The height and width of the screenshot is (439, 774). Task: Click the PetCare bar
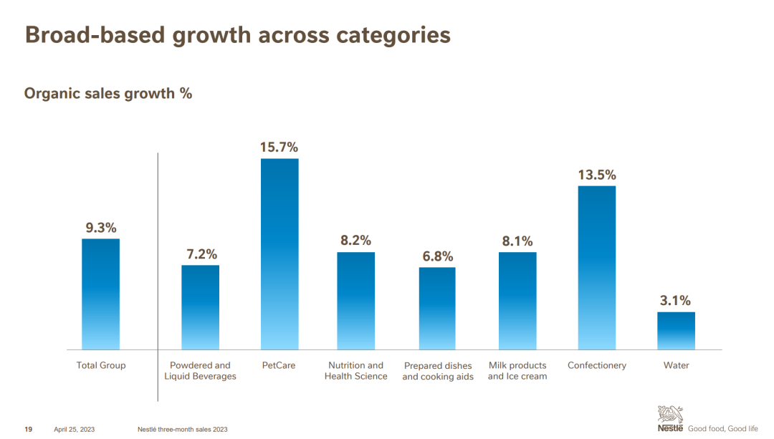point(279,254)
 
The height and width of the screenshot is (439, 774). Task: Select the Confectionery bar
point(596,268)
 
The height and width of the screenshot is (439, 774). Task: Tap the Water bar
point(676,331)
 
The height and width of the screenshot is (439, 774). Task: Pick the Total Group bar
point(100,294)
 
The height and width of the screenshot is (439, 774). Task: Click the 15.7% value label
point(279,148)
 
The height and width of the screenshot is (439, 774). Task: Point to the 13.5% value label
point(597,175)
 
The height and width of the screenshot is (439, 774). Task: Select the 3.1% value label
point(675,301)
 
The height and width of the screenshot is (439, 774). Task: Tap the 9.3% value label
point(101,228)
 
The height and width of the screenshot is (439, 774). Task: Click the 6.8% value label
point(437,256)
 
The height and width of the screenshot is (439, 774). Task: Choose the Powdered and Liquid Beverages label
point(200,371)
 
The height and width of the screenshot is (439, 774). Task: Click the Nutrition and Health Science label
point(355,371)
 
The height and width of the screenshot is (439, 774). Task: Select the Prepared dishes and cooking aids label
point(438,371)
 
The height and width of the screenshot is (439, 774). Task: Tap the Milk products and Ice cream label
point(517,371)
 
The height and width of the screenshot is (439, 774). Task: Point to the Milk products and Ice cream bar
point(517,301)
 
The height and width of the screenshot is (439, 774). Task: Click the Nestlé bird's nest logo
point(671,415)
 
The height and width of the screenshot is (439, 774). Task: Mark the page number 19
point(29,429)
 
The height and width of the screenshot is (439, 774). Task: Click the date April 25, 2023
point(75,429)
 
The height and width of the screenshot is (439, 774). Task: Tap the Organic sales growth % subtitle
point(108,93)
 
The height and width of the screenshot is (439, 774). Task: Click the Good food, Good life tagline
point(722,429)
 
